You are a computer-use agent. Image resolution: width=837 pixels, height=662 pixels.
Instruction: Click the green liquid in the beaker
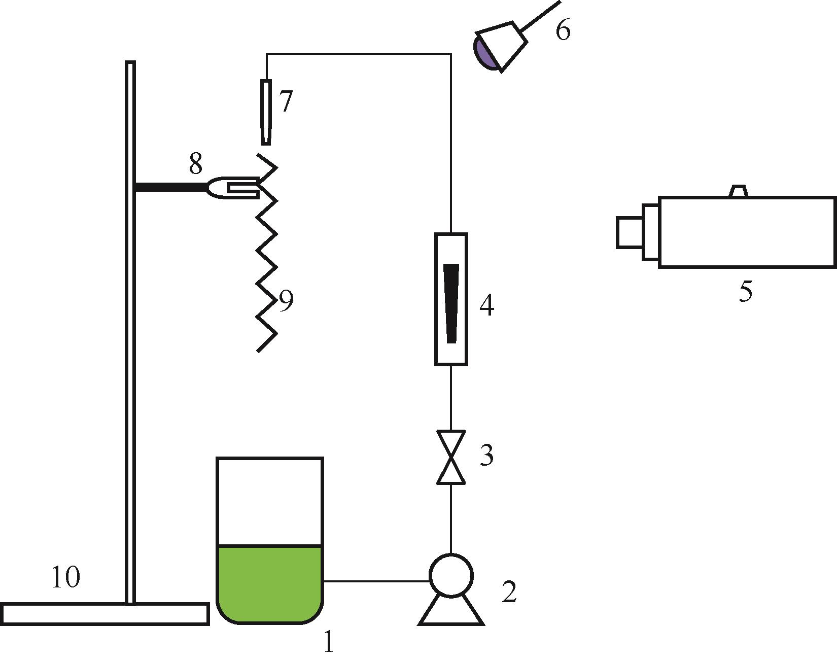(270, 583)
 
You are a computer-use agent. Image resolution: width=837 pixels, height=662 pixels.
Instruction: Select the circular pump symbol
(451, 575)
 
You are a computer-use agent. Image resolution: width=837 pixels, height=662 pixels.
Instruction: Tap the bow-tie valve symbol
(451, 457)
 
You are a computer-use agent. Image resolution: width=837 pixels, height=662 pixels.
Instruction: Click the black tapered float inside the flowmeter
(451, 303)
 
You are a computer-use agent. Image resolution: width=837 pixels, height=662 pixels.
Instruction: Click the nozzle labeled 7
(266, 112)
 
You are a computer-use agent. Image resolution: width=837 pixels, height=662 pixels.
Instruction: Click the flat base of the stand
(105, 613)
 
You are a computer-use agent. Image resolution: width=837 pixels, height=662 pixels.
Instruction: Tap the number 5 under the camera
(745, 292)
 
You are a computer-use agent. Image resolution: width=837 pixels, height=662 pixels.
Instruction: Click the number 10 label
(66, 577)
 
